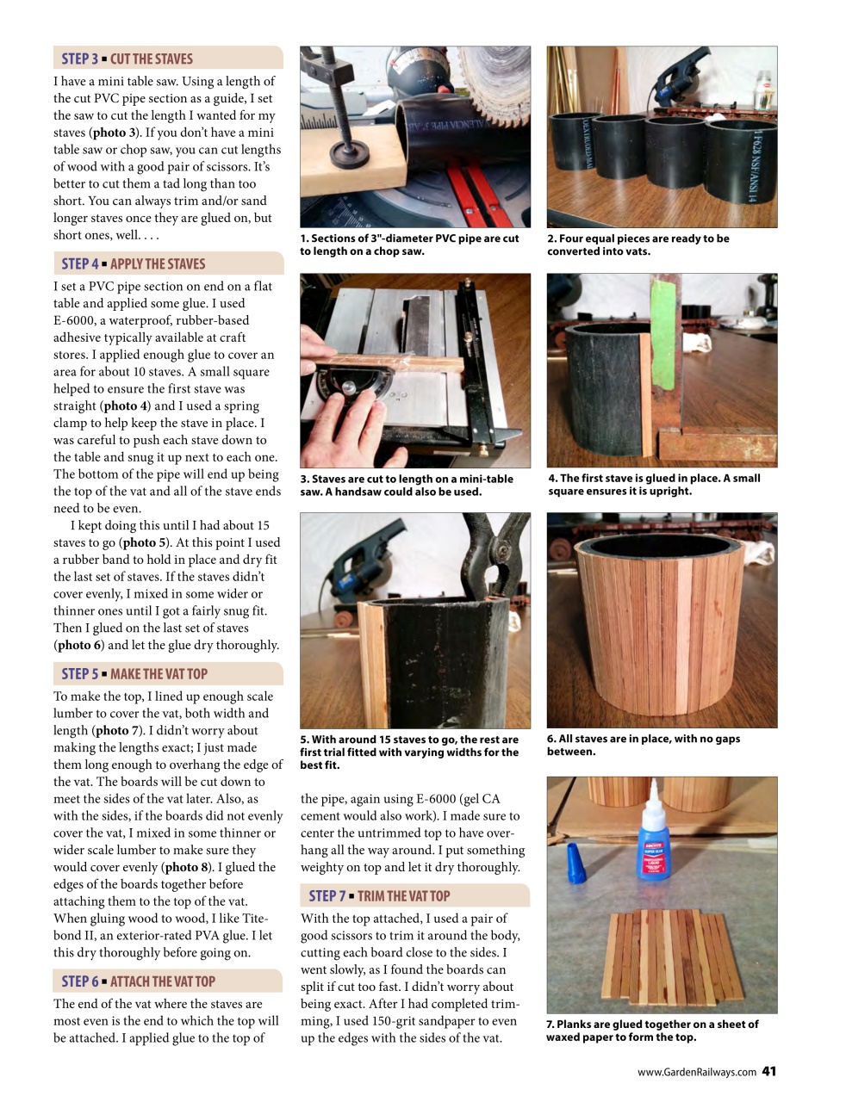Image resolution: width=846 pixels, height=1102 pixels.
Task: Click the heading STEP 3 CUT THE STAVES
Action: (128, 59)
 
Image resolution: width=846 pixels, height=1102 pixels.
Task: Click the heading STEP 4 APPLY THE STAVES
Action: (134, 263)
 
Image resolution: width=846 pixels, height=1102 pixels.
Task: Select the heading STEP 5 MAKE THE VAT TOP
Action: (134, 673)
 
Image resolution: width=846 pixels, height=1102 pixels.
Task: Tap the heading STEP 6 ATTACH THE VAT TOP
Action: (139, 981)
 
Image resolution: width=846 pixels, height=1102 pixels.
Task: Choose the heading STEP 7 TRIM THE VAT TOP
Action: (380, 895)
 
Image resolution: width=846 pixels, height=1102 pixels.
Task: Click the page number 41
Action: (769, 1071)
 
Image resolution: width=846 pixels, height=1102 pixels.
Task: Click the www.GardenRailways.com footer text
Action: (696, 1072)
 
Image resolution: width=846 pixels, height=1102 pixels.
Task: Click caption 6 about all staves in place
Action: (643, 745)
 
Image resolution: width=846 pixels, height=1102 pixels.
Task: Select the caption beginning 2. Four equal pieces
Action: (638, 245)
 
